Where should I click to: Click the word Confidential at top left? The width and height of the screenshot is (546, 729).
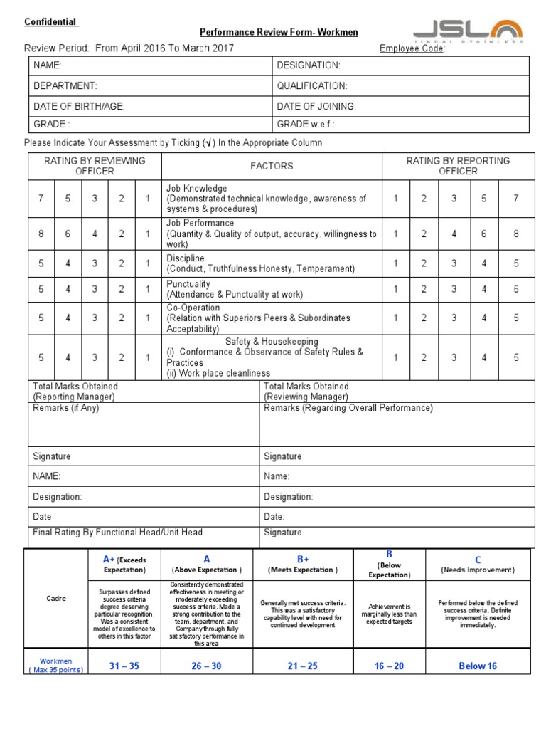coord(50,21)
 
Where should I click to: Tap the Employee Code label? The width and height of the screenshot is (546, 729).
coord(412,48)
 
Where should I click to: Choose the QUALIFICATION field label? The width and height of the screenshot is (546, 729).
coord(312,86)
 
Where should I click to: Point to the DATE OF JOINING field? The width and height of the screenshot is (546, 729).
coord(316,106)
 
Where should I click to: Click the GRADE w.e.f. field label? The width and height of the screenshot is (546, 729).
coord(306,125)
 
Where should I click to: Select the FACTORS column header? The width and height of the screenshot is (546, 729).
coord(272,166)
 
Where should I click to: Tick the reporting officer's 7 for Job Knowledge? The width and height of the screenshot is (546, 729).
coord(515,199)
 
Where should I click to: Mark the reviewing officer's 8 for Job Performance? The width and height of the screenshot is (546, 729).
coord(41,234)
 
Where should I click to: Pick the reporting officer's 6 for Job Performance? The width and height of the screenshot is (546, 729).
coord(484,234)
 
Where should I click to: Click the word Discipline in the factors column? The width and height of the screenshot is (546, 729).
coord(186,258)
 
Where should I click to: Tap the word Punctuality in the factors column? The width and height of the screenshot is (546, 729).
coord(188,284)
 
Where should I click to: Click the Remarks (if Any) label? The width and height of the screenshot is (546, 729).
coord(66,408)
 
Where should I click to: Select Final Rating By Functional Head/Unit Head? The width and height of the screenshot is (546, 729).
coord(117,532)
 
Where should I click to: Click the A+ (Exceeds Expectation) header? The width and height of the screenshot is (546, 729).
coord(124,565)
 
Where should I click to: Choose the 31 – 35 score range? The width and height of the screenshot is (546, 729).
coord(124,666)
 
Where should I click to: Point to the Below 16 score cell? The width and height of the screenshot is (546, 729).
coord(477,666)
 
